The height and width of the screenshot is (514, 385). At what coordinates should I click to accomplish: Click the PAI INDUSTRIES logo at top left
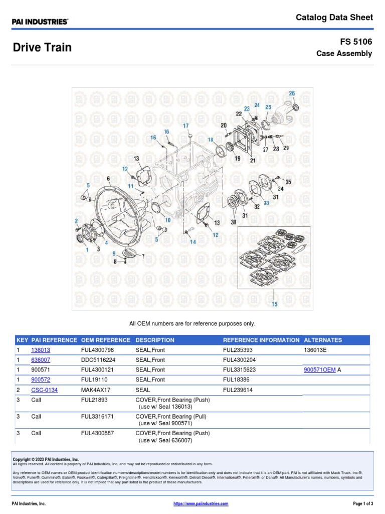tap(41, 22)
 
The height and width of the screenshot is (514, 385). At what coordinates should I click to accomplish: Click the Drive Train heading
tap(42, 48)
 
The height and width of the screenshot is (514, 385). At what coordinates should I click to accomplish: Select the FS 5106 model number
tap(356, 42)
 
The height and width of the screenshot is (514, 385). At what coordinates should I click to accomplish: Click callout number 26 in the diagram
tap(292, 93)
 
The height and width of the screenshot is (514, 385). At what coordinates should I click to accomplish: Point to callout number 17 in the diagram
tap(185, 125)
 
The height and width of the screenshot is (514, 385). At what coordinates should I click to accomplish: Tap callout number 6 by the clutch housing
tap(108, 179)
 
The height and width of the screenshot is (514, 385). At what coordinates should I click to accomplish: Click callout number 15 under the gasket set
tap(274, 304)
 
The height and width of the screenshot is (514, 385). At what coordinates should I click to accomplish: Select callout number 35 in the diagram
tap(288, 181)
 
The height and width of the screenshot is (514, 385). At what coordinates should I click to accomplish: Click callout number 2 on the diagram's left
tap(76, 221)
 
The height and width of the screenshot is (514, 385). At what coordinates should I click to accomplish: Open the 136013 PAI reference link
tap(41, 350)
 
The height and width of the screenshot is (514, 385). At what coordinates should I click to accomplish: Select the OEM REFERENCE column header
tap(105, 340)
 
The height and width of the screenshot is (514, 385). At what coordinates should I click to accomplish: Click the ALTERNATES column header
tap(323, 340)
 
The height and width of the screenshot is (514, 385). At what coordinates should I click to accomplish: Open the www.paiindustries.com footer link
tap(201, 503)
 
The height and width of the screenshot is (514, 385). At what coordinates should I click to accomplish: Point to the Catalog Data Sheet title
tap(334, 18)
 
